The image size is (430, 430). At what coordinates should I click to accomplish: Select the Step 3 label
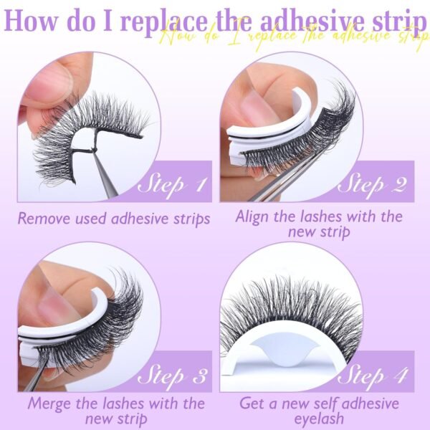(x=172, y=376)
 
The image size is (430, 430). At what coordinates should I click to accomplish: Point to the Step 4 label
(x=372, y=376)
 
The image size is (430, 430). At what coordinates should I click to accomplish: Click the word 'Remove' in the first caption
(x=44, y=219)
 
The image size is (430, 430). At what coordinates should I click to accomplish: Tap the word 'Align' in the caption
(x=252, y=217)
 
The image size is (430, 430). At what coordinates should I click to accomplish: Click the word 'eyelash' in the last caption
(x=319, y=419)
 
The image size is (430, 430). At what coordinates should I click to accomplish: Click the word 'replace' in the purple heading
(x=164, y=23)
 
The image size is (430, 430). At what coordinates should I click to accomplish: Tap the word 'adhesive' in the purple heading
(x=312, y=21)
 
